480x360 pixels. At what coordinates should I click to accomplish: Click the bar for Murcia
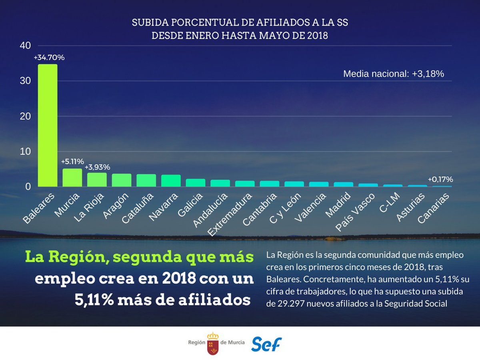(x=72, y=178)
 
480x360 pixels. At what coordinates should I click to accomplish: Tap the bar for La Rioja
(x=97, y=180)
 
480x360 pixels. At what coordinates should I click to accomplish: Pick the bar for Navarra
(x=171, y=181)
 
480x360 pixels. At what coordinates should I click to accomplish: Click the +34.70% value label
(x=49, y=58)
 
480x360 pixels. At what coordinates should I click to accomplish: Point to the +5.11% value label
(x=72, y=162)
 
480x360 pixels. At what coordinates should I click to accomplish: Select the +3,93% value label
(x=97, y=167)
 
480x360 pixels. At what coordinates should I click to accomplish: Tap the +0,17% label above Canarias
(x=440, y=179)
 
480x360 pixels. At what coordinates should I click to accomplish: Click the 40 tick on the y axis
(x=26, y=46)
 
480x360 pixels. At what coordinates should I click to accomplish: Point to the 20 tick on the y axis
(x=26, y=116)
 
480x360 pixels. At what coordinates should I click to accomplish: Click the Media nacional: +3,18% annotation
(x=394, y=74)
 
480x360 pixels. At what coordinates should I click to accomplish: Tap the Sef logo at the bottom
(x=266, y=344)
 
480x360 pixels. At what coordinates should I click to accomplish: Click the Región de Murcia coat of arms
(x=213, y=343)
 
